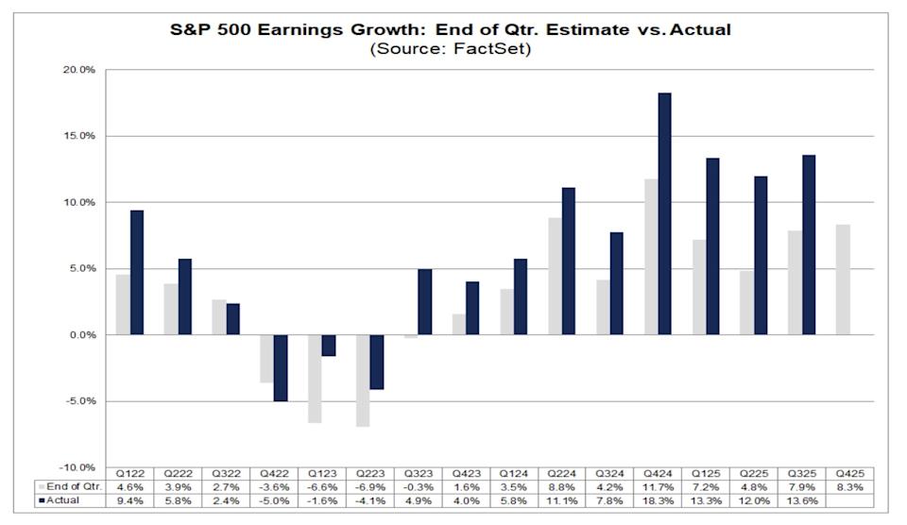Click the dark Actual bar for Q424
(665, 213)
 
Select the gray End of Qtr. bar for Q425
(843, 279)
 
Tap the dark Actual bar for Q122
(137, 272)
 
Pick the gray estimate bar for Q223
(363, 381)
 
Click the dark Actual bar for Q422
(281, 367)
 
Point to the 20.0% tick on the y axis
(77, 70)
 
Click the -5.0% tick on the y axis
(77, 401)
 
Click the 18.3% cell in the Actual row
(658, 500)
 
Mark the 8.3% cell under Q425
(849, 486)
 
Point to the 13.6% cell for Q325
(801, 500)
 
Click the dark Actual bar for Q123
(329, 346)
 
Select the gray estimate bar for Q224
(555, 277)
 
